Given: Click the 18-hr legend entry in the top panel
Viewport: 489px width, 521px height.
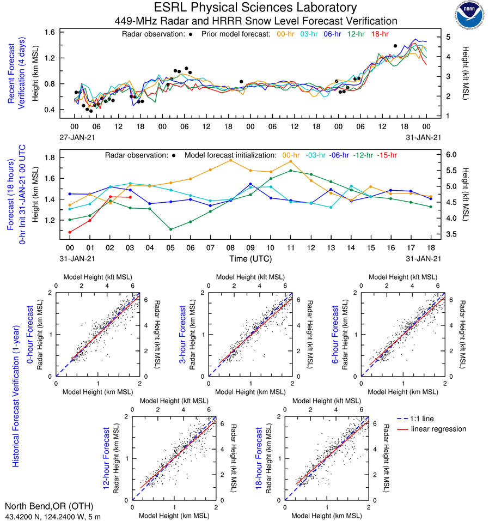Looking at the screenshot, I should click(380, 34).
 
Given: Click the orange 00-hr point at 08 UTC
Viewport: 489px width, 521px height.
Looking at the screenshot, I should click(230, 160).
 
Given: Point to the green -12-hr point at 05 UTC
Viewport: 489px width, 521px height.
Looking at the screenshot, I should click(170, 229).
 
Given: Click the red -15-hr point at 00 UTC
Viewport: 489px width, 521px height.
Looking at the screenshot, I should click(70, 232).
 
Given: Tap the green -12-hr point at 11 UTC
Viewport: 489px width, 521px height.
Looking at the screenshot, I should click(291, 171).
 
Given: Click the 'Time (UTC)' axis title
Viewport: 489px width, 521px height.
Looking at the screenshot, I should click(251, 258).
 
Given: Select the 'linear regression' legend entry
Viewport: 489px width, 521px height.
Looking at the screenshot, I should click(438, 429).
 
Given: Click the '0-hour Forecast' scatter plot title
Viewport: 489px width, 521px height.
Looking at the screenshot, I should click(30, 334).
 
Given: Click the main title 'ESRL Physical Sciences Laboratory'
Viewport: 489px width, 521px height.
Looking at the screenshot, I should click(256, 8).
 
